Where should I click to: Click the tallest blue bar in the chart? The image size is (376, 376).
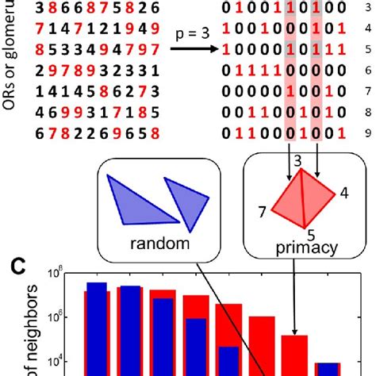coord(96,329)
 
